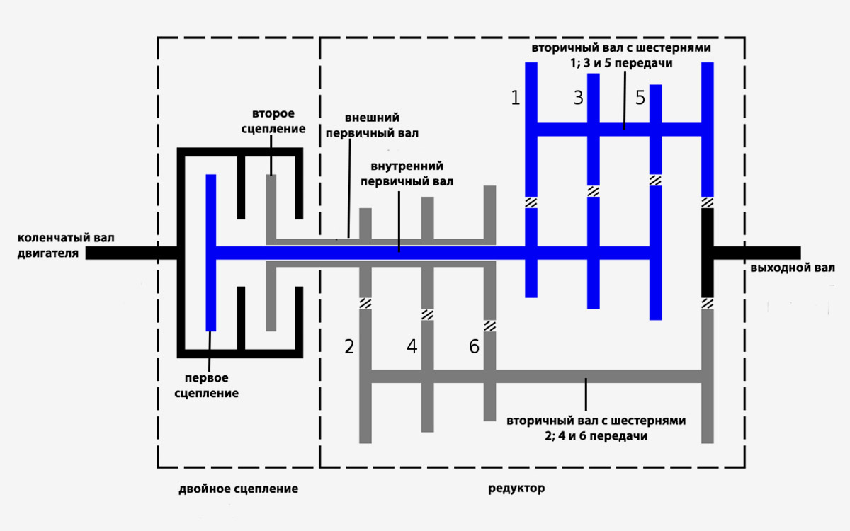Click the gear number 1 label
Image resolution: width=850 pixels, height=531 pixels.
click(x=516, y=98)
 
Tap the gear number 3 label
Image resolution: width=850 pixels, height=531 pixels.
click(x=578, y=98)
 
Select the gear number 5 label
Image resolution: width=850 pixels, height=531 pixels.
click(x=640, y=98)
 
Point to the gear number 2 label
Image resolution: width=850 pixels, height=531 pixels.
click(x=349, y=346)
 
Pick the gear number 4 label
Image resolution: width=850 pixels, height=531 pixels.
click(x=412, y=346)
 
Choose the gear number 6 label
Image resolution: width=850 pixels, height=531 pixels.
click(x=474, y=346)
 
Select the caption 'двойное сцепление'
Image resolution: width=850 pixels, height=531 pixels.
click(x=238, y=489)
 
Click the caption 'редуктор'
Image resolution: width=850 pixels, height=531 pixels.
click(x=516, y=489)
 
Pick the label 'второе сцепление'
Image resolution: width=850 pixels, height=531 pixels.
click(x=273, y=122)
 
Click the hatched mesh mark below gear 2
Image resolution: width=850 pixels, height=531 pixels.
click(x=365, y=303)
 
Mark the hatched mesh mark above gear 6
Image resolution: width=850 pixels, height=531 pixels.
click(x=489, y=326)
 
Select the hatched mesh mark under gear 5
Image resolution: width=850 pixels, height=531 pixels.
click(x=655, y=180)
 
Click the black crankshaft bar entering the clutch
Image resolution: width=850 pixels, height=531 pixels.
click(x=131, y=252)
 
